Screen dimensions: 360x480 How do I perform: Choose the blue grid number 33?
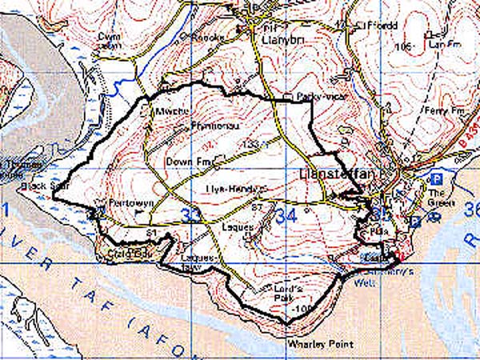point(191,215)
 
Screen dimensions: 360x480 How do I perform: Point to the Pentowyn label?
point(118,203)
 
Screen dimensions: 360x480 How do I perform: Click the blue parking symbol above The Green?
point(437,178)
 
